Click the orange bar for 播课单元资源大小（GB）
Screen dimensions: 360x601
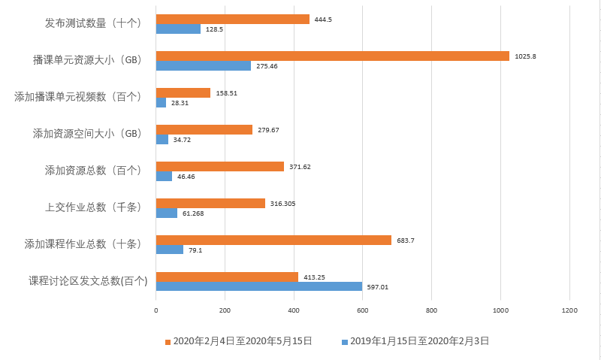click(x=332, y=56)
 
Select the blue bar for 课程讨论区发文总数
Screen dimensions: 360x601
click(x=259, y=286)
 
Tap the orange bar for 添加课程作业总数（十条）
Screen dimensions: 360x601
click(x=273, y=240)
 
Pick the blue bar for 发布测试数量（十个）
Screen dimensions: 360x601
click(x=178, y=29)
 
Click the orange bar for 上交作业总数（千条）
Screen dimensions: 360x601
click(x=210, y=203)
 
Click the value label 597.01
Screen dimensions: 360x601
click(x=377, y=287)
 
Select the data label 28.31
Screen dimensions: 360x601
click(x=180, y=103)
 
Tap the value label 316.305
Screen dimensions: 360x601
click(x=283, y=203)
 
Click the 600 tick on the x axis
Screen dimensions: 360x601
click(x=363, y=310)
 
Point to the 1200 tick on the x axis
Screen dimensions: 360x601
click(x=569, y=310)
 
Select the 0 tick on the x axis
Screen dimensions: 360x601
click(x=156, y=310)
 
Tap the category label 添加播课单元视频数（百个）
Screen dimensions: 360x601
click(x=78, y=97)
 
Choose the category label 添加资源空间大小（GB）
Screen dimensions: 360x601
click(x=87, y=134)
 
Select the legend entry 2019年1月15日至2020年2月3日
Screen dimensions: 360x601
click(x=419, y=341)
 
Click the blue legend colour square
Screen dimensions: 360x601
click(x=345, y=342)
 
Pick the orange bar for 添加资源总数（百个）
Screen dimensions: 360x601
click(x=219, y=166)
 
